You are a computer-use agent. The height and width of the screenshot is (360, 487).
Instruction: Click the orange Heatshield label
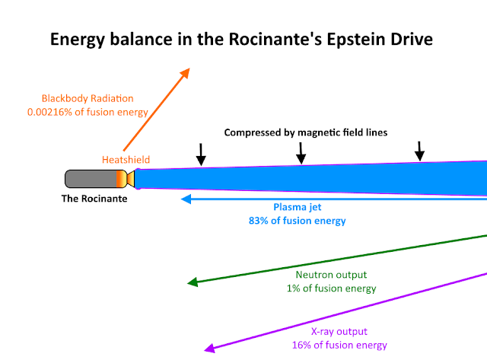coord(126,159)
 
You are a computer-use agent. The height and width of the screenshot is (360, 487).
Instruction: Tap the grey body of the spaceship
coord(88,179)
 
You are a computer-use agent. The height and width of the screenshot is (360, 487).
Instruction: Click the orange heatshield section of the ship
coord(119,179)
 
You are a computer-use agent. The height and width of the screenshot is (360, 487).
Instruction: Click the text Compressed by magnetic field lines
coord(306,132)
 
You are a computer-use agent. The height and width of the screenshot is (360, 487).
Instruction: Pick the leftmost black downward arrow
coord(201,156)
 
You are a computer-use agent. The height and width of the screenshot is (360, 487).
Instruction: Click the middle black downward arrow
coord(301,155)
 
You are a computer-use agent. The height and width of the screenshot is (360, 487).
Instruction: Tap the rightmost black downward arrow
coord(419,152)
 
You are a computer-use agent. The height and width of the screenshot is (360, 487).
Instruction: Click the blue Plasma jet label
coord(297,208)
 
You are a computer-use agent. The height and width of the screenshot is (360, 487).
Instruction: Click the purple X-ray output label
coord(339,332)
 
